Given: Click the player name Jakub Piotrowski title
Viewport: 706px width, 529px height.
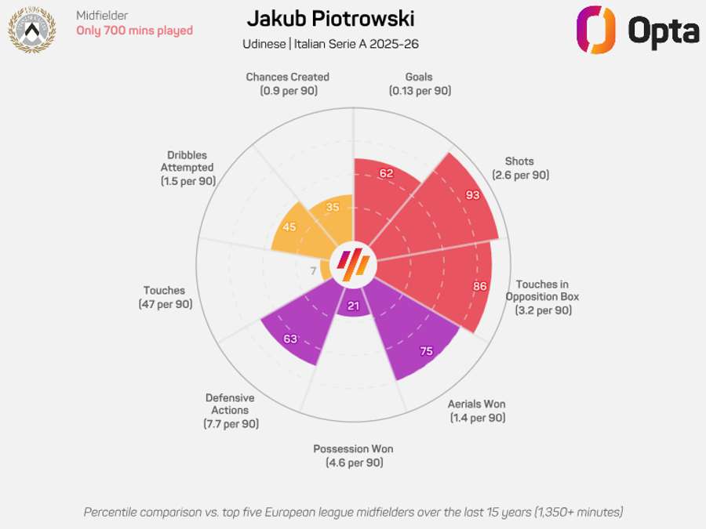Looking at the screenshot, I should pyautogui.click(x=330, y=19).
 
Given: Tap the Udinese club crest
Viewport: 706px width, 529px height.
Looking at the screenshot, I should pyautogui.click(x=31, y=29).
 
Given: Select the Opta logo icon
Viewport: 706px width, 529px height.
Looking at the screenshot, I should pyautogui.click(x=596, y=30).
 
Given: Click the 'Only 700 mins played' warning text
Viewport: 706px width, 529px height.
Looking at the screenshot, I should pyautogui.click(x=134, y=31).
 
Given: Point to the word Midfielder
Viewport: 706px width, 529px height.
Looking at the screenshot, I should pyautogui.click(x=103, y=15).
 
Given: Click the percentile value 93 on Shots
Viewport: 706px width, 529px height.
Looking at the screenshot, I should pyautogui.click(x=472, y=195).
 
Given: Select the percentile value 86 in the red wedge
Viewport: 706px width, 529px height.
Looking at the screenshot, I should pyautogui.click(x=480, y=286).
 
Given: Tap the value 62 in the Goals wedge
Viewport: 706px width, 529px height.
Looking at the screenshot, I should pyautogui.click(x=386, y=173).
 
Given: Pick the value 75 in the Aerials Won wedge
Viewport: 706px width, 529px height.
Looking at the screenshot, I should pyautogui.click(x=426, y=351).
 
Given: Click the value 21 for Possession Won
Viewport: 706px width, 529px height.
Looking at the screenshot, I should pyautogui.click(x=353, y=306).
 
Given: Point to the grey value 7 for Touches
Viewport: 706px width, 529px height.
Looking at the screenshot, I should pyautogui.click(x=314, y=271).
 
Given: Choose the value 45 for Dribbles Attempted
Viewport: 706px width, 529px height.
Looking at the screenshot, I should pyautogui.click(x=289, y=227).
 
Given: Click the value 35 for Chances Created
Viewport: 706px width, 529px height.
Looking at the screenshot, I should pyautogui.click(x=333, y=208).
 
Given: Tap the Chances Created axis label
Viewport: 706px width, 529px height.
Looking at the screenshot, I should pyautogui.click(x=287, y=84).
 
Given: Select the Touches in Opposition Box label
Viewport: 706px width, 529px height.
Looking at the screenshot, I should pyautogui.click(x=543, y=297).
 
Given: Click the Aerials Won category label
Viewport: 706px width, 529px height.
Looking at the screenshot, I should pyautogui.click(x=477, y=411).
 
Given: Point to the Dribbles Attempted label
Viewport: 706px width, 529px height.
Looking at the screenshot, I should pyautogui.click(x=187, y=168).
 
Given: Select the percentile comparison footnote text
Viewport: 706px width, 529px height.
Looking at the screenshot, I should pyautogui.click(x=353, y=512).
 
